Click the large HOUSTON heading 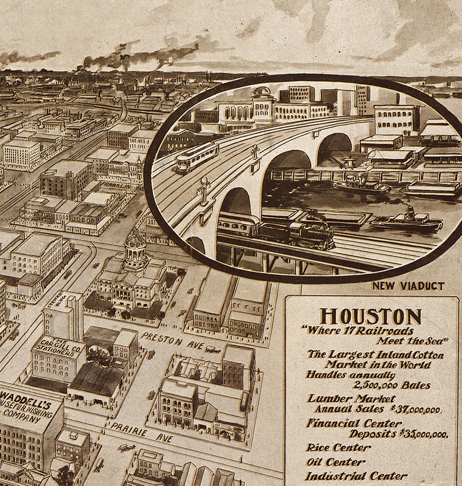pyautogui.click(x=371, y=317)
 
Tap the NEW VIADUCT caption pyautogui.click(x=408, y=286)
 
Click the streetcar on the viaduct pyautogui.click(x=197, y=157)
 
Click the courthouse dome pyautogui.click(x=135, y=239)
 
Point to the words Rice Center pyautogui.click(x=338, y=448)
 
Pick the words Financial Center pyautogui.click(x=354, y=423)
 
